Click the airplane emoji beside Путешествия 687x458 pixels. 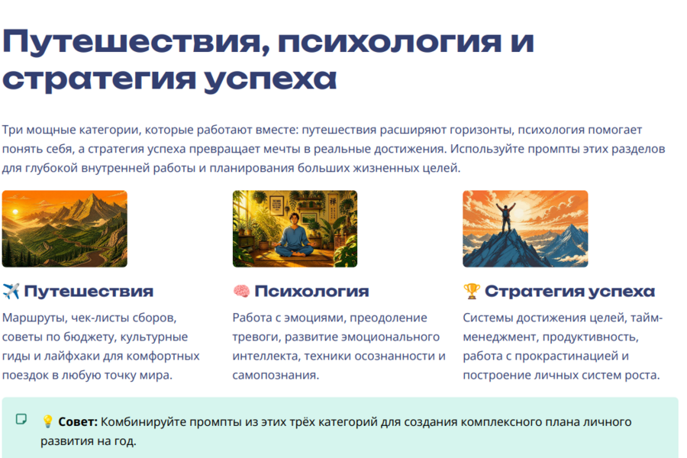pos(11,291)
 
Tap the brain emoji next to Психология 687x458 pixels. pos(241,291)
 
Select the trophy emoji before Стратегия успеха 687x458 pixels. pos(472,291)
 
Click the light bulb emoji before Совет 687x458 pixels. pos(48,421)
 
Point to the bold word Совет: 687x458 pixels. pos(78,421)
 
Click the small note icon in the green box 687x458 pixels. pos(21,419)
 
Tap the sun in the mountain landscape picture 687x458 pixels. pos(16,212)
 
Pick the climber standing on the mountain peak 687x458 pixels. pos(506,217)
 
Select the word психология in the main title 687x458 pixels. pos(389,43)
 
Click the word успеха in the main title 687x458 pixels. pos(270,79)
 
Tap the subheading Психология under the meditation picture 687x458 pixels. pos(311,291)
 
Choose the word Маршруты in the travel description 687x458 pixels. pos(34,318)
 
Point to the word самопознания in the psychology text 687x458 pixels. pos(276,375)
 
